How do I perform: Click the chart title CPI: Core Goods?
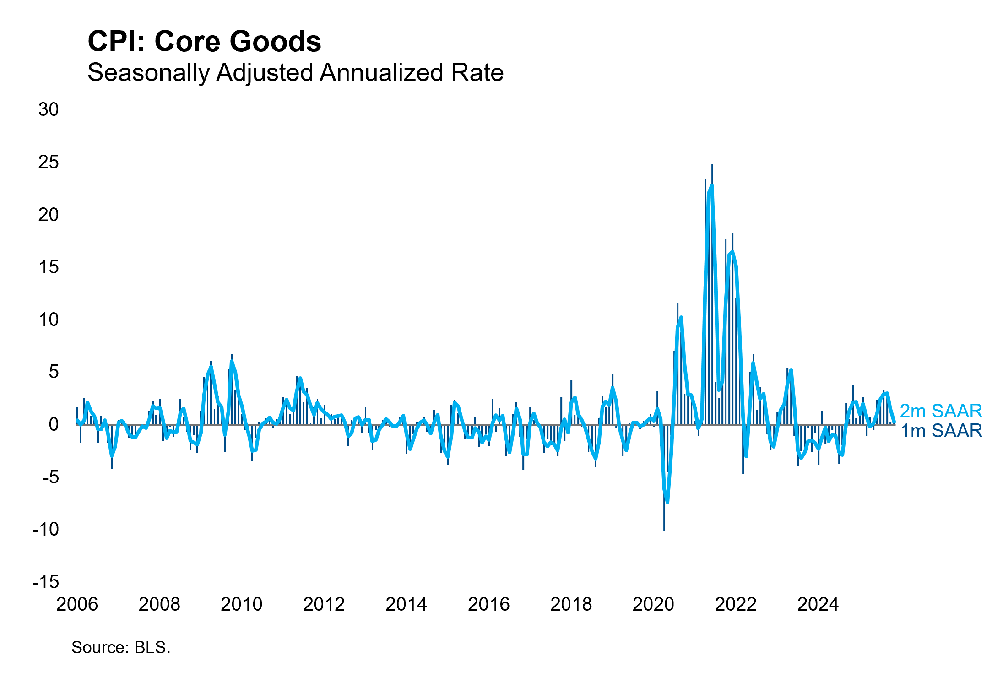pyautogui.click(x=204, y=41)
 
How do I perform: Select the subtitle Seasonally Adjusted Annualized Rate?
pyautogui.click(x=295, y=72)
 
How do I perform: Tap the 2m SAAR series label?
pyautogui.click(x=941, y=411)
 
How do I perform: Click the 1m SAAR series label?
pyautogui.click(x=941, y=431)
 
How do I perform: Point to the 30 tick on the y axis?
pyautogui.click(x=49, y=109)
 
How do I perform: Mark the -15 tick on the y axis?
pyautogui.click(x=46, y=582)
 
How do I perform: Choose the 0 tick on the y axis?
pyautogui.click(x=54, y=424)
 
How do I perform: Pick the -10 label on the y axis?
pyautogui.click(x=46, y=529)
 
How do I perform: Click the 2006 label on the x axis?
pyautogui.click(x=77, y=604)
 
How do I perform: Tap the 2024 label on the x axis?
pyautogui.click(x=818, y=604)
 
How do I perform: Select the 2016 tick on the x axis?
pyautogui.click(x=488, y=604)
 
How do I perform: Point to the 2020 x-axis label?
pyautogui.click(x=653, y=604)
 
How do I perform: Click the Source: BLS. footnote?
pyautogui.click(x=121, y=647)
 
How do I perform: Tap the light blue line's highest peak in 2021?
pyautogui.click(x=711, y=186)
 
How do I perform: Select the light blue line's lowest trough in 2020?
pyautogui.click(x=667, y=502)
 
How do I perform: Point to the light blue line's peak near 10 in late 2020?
pyautogui.click(x=681, y=317)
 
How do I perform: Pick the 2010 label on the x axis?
pyautogui.click(x=241, y=604)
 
